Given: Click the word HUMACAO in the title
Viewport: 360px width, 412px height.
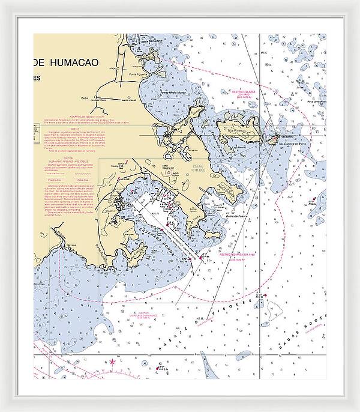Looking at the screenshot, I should (x=82, y=61).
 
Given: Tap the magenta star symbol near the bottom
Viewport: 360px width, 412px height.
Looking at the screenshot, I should (x=113, y=362).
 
